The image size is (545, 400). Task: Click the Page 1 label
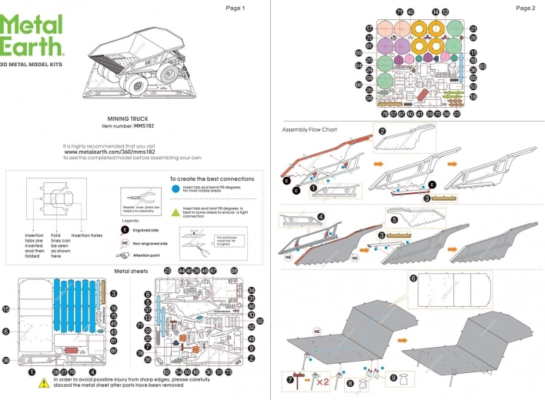235,8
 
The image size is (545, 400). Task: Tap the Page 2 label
526,8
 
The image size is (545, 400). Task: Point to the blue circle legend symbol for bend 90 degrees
176,187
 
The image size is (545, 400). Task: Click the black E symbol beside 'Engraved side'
125,229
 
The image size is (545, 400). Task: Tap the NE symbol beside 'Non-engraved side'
125,242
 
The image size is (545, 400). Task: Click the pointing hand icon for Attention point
125,255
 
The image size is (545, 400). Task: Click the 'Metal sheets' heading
132,271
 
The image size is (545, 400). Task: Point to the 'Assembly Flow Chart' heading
309,129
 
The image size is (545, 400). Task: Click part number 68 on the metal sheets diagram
234,271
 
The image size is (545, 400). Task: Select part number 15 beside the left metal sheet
6,309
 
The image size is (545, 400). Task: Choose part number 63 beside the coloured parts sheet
483,66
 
